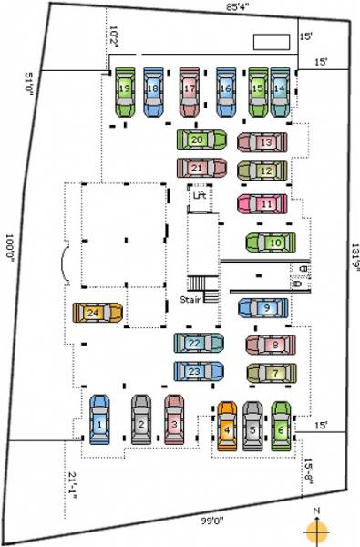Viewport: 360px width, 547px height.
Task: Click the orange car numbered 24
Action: (x=98, y=313)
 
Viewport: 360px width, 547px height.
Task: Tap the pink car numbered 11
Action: (x=264, y=204)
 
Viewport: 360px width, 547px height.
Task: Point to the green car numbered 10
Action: (x=271, y=243)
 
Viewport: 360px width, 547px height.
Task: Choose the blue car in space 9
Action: (x=262, y=308)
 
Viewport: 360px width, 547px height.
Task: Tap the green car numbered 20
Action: (x=201, y=140)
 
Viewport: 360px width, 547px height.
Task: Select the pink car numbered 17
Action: (x=190, y=89)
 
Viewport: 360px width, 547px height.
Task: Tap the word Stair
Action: (x=189, y=298)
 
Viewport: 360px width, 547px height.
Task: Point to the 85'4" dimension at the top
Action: (x=240, y=8)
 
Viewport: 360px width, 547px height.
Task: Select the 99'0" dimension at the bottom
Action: (x=213, y=521)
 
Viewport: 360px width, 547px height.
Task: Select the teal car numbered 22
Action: (x=199, y=344)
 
